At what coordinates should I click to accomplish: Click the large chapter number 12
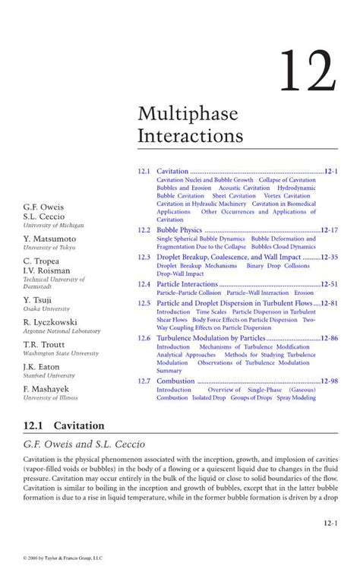click(306, 74)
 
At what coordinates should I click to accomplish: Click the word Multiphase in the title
click(188, 115)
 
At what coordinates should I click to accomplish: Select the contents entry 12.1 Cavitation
click(172, 172)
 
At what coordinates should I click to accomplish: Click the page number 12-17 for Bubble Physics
click(329, 229)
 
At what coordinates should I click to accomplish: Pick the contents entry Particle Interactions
click(187, 284)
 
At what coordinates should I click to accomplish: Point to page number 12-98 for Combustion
click(329, 381)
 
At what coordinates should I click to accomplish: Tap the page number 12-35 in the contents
click(329, 258)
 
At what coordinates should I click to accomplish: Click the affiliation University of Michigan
click(53, 226)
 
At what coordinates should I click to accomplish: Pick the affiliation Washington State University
click(61, 353)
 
